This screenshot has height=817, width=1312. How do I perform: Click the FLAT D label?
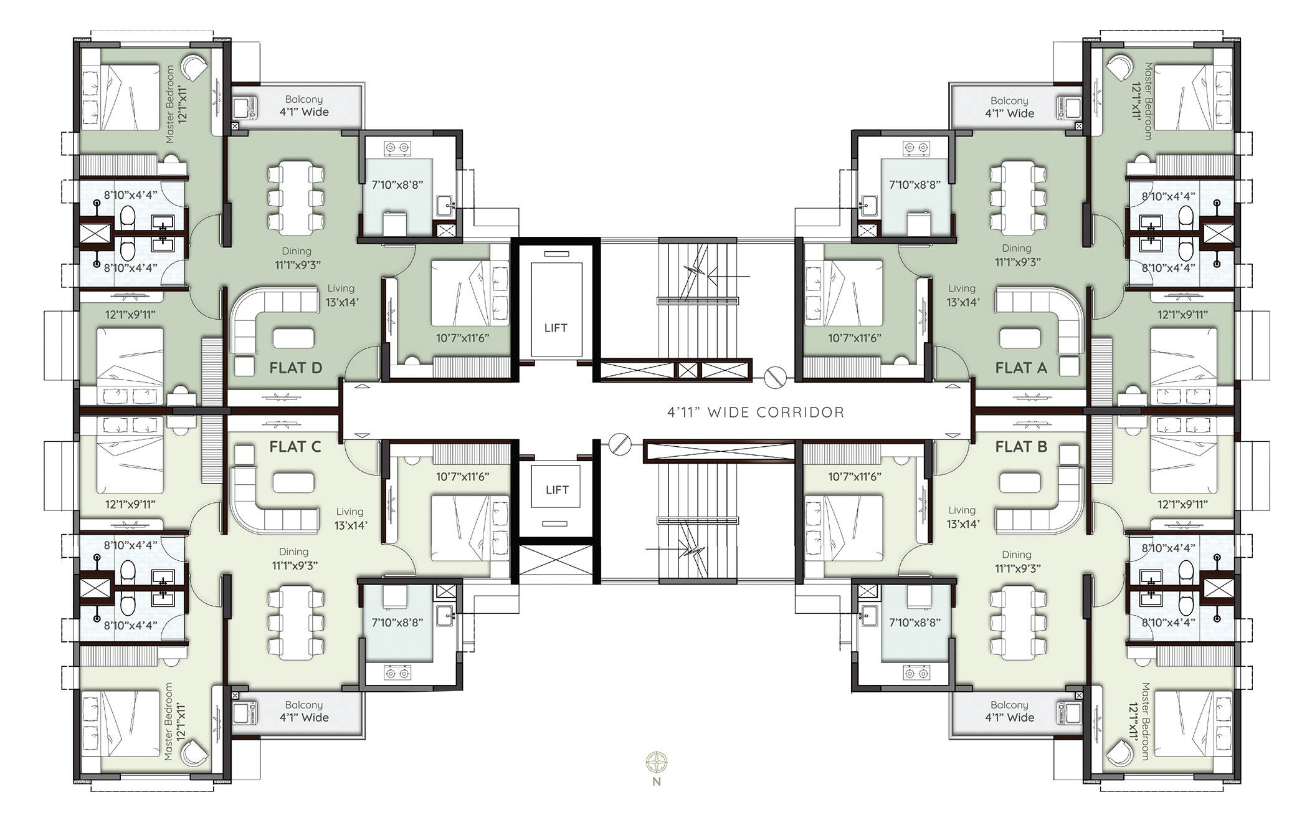click(x=295, y=368)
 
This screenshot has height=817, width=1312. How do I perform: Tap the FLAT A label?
click(x=1020, y=368)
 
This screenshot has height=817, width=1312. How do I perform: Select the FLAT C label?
click(x=295, y=447)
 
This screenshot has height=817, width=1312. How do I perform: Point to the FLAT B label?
click(x=1020, y=447)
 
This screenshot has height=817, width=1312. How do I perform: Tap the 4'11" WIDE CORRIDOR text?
click(x=756, y=412)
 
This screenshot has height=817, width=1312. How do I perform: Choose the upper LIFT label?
click(x=556, y=328)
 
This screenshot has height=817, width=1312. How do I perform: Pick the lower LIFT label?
click(x=556, y=490)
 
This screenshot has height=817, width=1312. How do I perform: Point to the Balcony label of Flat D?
click(x=303, y=106)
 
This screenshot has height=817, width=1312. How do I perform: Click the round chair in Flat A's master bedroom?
click(x=1122, y=67)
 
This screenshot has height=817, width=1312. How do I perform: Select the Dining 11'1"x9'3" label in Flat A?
click(x=1016, y=256)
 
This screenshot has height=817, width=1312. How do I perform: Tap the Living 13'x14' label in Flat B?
click(x=963, y=517)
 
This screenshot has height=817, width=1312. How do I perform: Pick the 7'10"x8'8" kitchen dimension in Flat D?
click(x=397, y=184)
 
